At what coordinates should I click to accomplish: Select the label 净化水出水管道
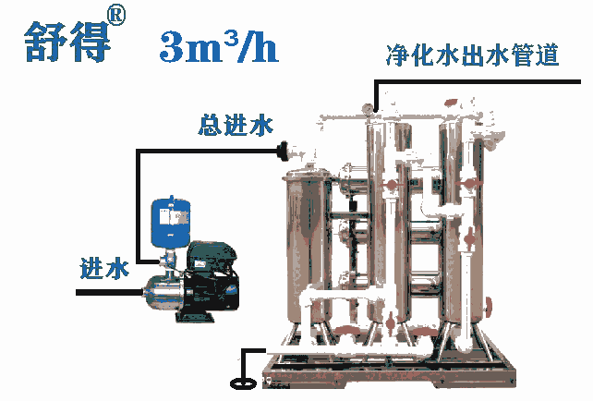coord(472,55)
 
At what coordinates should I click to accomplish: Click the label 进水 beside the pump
coord(103,269)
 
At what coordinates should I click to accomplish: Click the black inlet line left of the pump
coord(106,292)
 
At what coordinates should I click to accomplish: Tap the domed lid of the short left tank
coord(306,172)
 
